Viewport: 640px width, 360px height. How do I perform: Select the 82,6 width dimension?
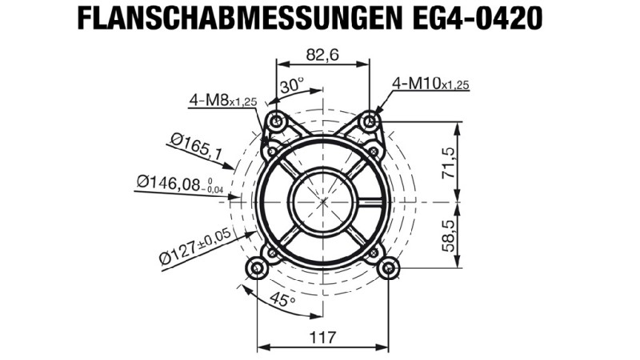coord(322,55)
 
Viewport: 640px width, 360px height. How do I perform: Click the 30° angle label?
coord(291,86)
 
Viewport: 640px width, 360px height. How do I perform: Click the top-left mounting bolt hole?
coord(277,122)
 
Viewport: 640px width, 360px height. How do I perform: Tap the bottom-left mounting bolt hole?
coord(257,268)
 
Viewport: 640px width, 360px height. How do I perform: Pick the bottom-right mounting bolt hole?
coord(388,268)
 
